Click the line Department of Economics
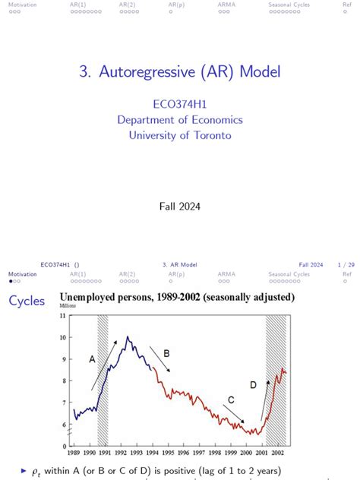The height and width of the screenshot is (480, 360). [x=180, y=120]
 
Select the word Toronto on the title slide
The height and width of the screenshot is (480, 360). [x=212, y=135]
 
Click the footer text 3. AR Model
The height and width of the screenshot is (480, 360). [x=180, y=264]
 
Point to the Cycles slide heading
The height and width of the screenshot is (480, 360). [x=27, y=302]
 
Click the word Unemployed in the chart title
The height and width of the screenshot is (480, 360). [x=99, y=297]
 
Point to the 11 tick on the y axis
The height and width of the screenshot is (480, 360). [x=61, y=315]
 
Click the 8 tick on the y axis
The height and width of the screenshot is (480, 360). [x=62, y=381]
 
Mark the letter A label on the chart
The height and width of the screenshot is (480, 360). [x=93, y=359]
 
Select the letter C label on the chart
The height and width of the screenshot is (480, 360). [x=231, y=399]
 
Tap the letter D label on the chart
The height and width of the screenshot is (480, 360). [x=253, y=385]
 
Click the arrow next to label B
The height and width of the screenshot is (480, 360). [x=159, y=359]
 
